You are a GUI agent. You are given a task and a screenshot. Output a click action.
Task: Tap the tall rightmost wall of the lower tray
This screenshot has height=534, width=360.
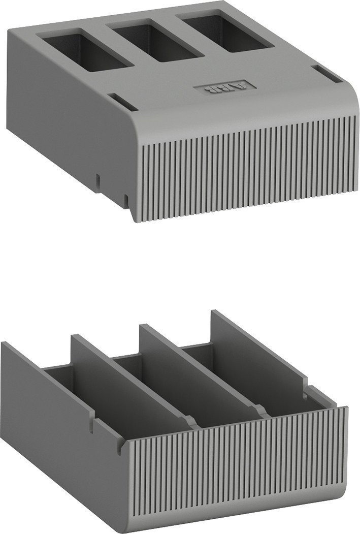(x=259, y=345)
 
